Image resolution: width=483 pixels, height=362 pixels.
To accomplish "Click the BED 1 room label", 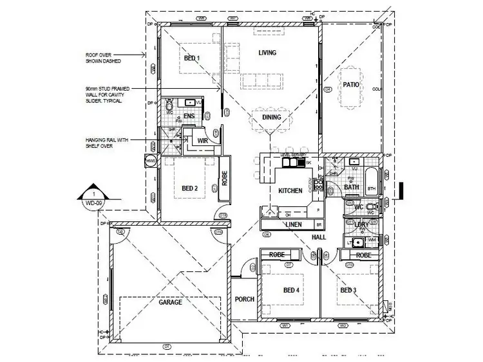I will (x=193, y=58).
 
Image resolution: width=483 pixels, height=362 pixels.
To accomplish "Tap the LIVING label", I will (x=267, y=53).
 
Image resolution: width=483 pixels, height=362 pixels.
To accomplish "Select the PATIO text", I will (x=350, y=85).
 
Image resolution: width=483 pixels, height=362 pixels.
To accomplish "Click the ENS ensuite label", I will (x=189, y=116).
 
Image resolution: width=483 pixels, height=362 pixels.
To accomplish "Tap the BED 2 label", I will (x=189, y=188).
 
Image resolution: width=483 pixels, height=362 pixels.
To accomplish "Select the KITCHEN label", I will (x=290, y=191).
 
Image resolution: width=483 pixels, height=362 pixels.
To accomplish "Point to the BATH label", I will (x=351, y=187).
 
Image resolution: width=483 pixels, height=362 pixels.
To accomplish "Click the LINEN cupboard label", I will (x=292, y=224).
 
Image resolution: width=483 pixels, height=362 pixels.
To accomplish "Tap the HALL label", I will (x=319, y=237).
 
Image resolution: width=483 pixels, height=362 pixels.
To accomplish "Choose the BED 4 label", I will (x=292, y=290).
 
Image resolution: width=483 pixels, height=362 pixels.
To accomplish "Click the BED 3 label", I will (x=348, y=290).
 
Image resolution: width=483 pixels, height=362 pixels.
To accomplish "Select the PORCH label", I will (x=245, y=299).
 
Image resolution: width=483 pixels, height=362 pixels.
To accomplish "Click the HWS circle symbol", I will (x=151, y=161).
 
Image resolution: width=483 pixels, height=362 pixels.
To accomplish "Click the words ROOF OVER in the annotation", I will (x=98, y=55).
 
